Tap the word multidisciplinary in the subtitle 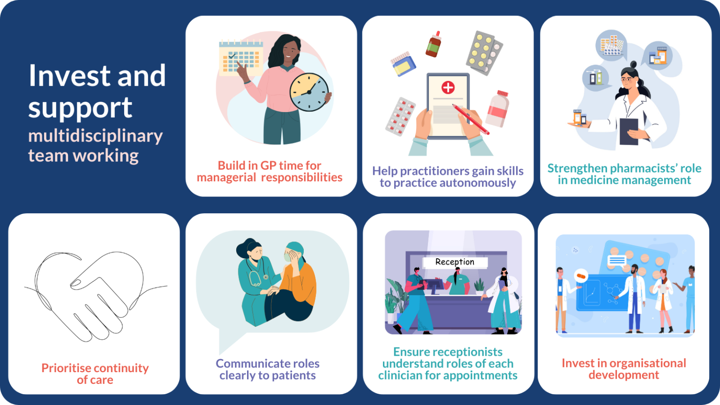[x=95, y=136]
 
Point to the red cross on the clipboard [x=448, y=87]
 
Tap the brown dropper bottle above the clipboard [x=434, y=45]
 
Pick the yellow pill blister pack [x=484, y=52]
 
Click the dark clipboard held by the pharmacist [x=629, y=131]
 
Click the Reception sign [x=455, y=262]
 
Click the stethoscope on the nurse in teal [x=256, y=278]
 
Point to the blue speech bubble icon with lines [x=616, y=261]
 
